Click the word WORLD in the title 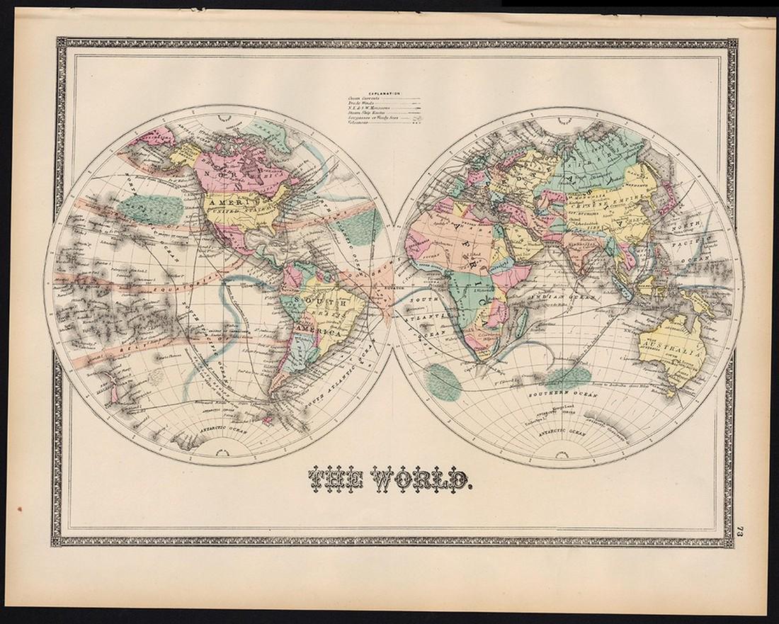[424, 481]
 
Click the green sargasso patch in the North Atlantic [364, 227]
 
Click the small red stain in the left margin [19, 509]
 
